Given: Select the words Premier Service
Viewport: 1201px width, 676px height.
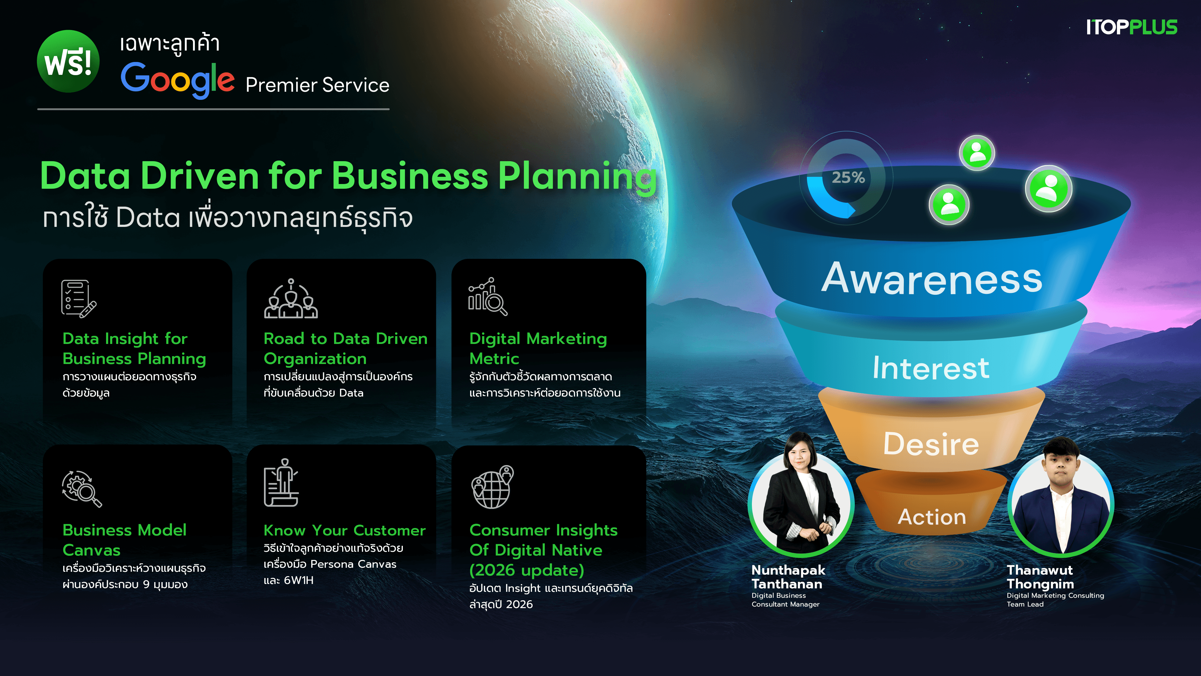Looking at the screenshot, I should click(317, 85).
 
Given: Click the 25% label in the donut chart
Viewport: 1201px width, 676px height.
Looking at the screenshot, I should click(848, 177).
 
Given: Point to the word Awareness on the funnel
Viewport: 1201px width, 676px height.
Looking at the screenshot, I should click(931, 279).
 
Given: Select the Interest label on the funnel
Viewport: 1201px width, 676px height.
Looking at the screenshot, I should click(930, 368).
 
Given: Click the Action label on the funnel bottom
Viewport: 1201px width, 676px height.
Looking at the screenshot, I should click(931, 517).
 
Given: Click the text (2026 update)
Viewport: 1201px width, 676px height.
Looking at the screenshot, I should click(526, 570).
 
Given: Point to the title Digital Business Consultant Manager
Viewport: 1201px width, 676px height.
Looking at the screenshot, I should click(785, 600).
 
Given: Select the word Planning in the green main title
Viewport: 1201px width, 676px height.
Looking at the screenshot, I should click(577, 176).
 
